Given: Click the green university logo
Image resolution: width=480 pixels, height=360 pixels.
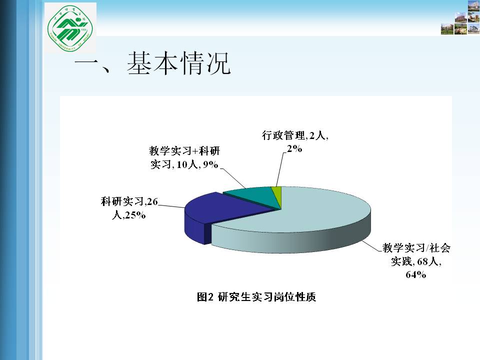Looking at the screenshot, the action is [x=70, y=28].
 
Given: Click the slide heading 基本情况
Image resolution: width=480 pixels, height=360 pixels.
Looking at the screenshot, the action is [x=178, y=63].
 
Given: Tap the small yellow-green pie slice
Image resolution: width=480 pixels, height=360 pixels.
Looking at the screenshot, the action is [x=277, y=195].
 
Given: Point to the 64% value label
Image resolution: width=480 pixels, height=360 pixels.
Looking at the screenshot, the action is [x=415, y=274].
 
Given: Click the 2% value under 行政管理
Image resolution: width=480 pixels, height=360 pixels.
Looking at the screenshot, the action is [x=294, y=149].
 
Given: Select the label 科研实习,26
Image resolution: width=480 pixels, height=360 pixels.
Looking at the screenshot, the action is [x=129, y=201].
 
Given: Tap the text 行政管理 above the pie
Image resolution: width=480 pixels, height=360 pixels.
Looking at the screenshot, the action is [x=283, y=135].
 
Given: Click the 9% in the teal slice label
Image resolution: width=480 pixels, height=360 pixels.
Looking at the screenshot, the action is [x=210, y=164].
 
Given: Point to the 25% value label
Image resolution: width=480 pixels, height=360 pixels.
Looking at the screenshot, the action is [x=135, y=215].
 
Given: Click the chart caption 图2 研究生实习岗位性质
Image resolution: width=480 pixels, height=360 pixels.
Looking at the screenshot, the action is [x=256, y=296].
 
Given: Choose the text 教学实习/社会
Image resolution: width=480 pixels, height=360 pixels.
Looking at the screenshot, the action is [x=416, y=247].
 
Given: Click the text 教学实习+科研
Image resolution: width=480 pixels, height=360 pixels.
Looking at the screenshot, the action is [x=184, y=150].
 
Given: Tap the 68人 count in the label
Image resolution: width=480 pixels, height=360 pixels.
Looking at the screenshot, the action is [x=428, y=261].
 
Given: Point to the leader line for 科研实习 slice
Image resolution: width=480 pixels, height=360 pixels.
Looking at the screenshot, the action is [x=171, y=206].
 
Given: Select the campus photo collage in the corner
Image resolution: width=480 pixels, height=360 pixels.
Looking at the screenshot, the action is [x=460, y=17].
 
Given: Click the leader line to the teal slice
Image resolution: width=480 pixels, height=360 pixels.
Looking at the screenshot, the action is [x=232, y=178].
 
